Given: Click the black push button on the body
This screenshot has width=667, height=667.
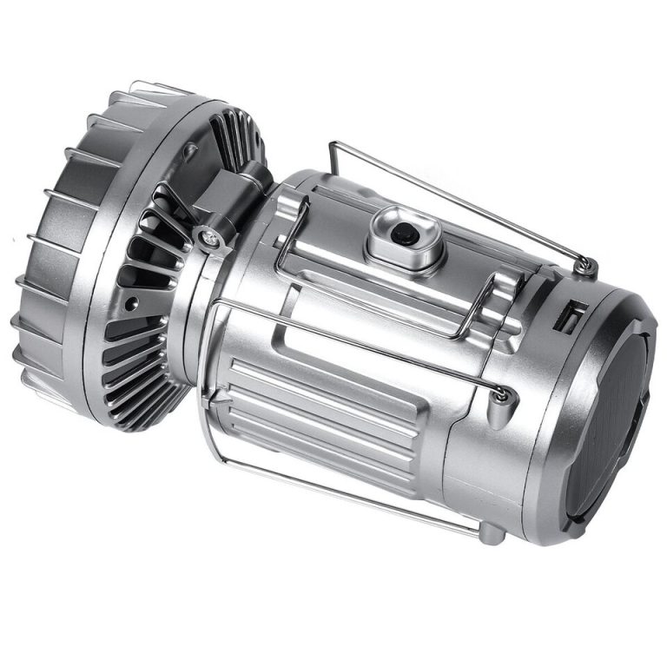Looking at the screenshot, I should [401, 234].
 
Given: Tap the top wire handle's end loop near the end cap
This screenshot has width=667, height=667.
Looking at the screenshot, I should [587, 264].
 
